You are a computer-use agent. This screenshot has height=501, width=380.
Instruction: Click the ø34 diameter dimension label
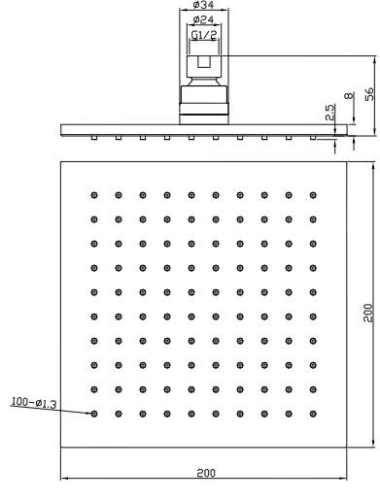[203, 5]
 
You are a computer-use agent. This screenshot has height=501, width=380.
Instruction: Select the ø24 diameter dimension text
[203, 19]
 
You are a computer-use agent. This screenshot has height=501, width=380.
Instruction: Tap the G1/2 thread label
[204, 35]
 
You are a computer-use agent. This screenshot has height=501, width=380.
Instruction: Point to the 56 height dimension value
[369, 94]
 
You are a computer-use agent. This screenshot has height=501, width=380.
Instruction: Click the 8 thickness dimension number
[348, 96]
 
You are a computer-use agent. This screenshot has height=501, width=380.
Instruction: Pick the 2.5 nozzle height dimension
[329, 113]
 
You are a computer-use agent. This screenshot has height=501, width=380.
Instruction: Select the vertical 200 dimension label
[368, 313]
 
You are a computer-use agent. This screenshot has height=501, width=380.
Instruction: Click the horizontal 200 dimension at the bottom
[206, 473]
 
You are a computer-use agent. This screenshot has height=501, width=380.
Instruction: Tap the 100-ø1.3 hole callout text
[34, 403]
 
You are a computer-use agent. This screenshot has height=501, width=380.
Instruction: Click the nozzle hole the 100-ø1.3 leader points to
[94, 414]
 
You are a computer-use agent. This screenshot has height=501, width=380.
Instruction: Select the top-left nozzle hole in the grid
[94, 195]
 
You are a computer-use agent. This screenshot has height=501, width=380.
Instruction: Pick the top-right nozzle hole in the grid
[313, 195]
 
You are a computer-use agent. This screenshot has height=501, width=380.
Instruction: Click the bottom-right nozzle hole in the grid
[313, 414]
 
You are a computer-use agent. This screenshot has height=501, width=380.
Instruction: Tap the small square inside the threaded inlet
[204, 62]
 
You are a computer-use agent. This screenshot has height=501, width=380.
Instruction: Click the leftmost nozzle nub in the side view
[94, 138]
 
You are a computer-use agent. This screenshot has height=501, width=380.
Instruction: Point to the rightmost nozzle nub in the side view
[313, 138]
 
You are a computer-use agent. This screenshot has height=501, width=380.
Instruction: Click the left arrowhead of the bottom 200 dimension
[64, 478]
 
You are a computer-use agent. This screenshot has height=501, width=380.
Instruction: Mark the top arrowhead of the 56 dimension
[375, 59]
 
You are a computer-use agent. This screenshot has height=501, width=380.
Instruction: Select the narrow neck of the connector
[204, 81]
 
